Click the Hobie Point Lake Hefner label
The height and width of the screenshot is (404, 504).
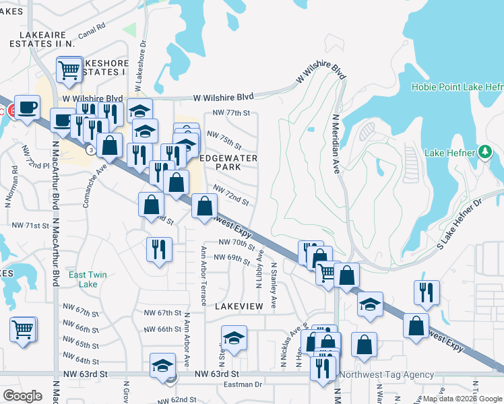pos(457,87)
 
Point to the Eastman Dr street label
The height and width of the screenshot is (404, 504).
pos(243,384)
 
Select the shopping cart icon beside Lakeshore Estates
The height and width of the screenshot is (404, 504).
pos(69,69)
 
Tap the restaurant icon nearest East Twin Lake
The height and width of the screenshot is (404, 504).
pos(159,249)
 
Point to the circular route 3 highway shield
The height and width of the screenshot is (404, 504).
pos(90,149)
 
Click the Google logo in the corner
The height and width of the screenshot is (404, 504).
pos(22,395)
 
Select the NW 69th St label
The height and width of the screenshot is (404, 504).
pos(230,257)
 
